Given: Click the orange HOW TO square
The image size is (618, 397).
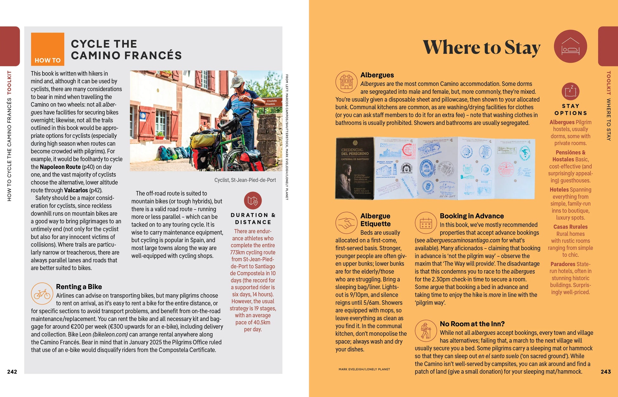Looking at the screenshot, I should click(x=48, y=49).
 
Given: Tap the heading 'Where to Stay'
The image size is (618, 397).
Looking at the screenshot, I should click(x=481, y=48).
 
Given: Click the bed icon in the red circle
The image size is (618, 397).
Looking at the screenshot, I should click(x=570, y=46).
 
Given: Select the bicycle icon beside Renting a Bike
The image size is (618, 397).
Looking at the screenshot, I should click(x=42, y=294).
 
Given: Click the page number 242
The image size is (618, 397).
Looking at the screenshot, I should click(x=12, y=372).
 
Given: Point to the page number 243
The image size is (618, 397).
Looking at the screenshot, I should click(x=606, y=372).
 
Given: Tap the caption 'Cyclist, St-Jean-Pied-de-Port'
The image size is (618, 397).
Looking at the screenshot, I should click(x=245, y=180).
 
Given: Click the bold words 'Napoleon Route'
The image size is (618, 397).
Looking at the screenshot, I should click(x=60, y=167).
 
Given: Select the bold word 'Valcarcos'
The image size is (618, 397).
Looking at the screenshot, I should click(x=76, y=190).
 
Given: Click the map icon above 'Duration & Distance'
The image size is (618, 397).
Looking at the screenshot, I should click(x=253, y=201).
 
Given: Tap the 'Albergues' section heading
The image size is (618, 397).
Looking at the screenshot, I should click(x=377, y=75).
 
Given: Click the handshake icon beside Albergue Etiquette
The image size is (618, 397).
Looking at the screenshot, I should click(x=346, y=223).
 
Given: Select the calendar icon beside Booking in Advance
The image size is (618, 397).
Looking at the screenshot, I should click(x=426, y=223).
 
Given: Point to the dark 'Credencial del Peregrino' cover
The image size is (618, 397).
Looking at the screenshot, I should click(x=354, y=168).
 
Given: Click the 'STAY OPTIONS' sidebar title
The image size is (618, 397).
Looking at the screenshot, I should click(x=570, y=109).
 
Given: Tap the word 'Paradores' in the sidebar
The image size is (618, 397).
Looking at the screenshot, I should click(x=563, y=264).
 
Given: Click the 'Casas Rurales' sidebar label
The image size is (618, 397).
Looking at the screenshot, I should click(x=570, y=227).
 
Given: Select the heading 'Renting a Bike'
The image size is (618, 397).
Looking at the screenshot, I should click(x=79, y=287).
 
